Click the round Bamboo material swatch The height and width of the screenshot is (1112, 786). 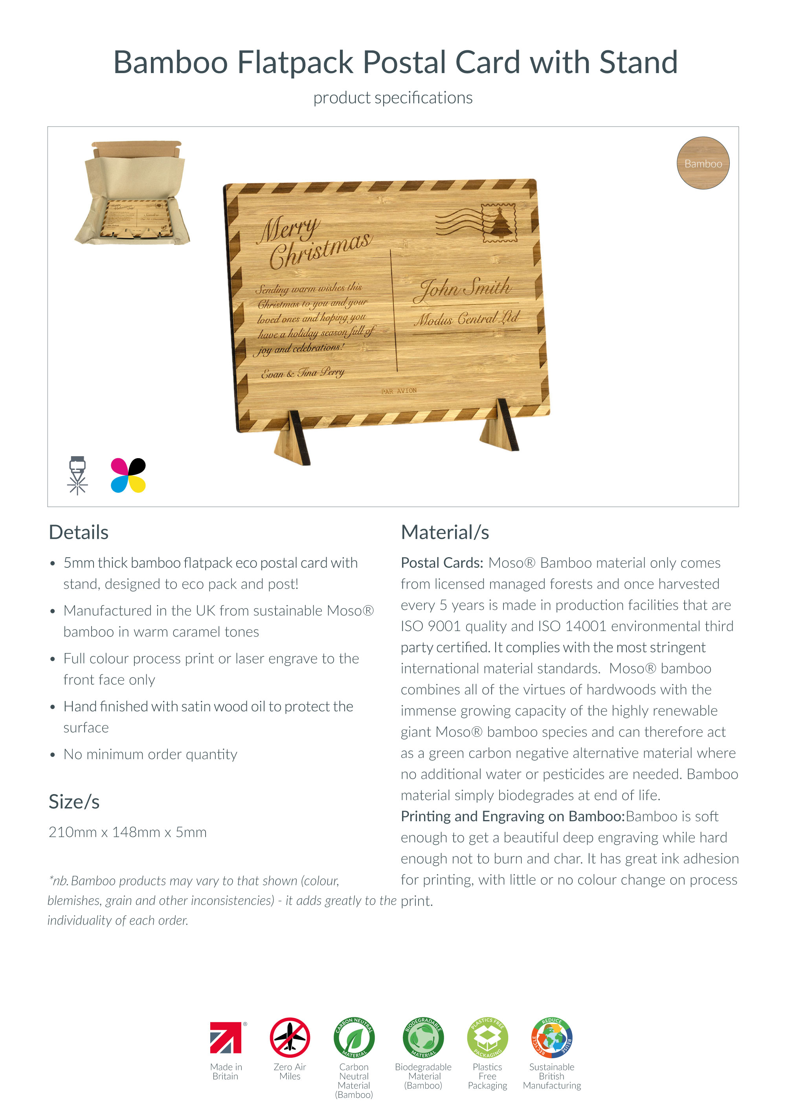pos(703,163)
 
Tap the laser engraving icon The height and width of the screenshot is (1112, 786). pos(77,475)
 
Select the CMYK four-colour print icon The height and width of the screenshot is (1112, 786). pos(129,475)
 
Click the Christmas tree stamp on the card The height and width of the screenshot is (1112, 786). pos(498,222)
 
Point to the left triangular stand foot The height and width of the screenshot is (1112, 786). pos(293,441)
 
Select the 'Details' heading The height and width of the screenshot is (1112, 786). pos(79,532)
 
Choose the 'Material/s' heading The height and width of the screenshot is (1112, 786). pos(444,532)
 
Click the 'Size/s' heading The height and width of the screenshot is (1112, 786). pos(74,802)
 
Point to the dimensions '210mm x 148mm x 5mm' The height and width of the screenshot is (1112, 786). pos(127,832)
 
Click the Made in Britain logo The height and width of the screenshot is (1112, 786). pos(226,1037)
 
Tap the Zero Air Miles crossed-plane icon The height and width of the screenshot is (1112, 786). pos(290,1037)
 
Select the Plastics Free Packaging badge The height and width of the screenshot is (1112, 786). pos(487,1037)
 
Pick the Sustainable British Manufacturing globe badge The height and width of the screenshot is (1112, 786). pos(552,1037)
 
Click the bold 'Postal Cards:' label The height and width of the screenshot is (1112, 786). pos(442,563)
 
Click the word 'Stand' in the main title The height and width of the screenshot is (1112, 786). pos(638,62)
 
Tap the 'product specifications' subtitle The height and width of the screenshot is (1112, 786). pos(393,98)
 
